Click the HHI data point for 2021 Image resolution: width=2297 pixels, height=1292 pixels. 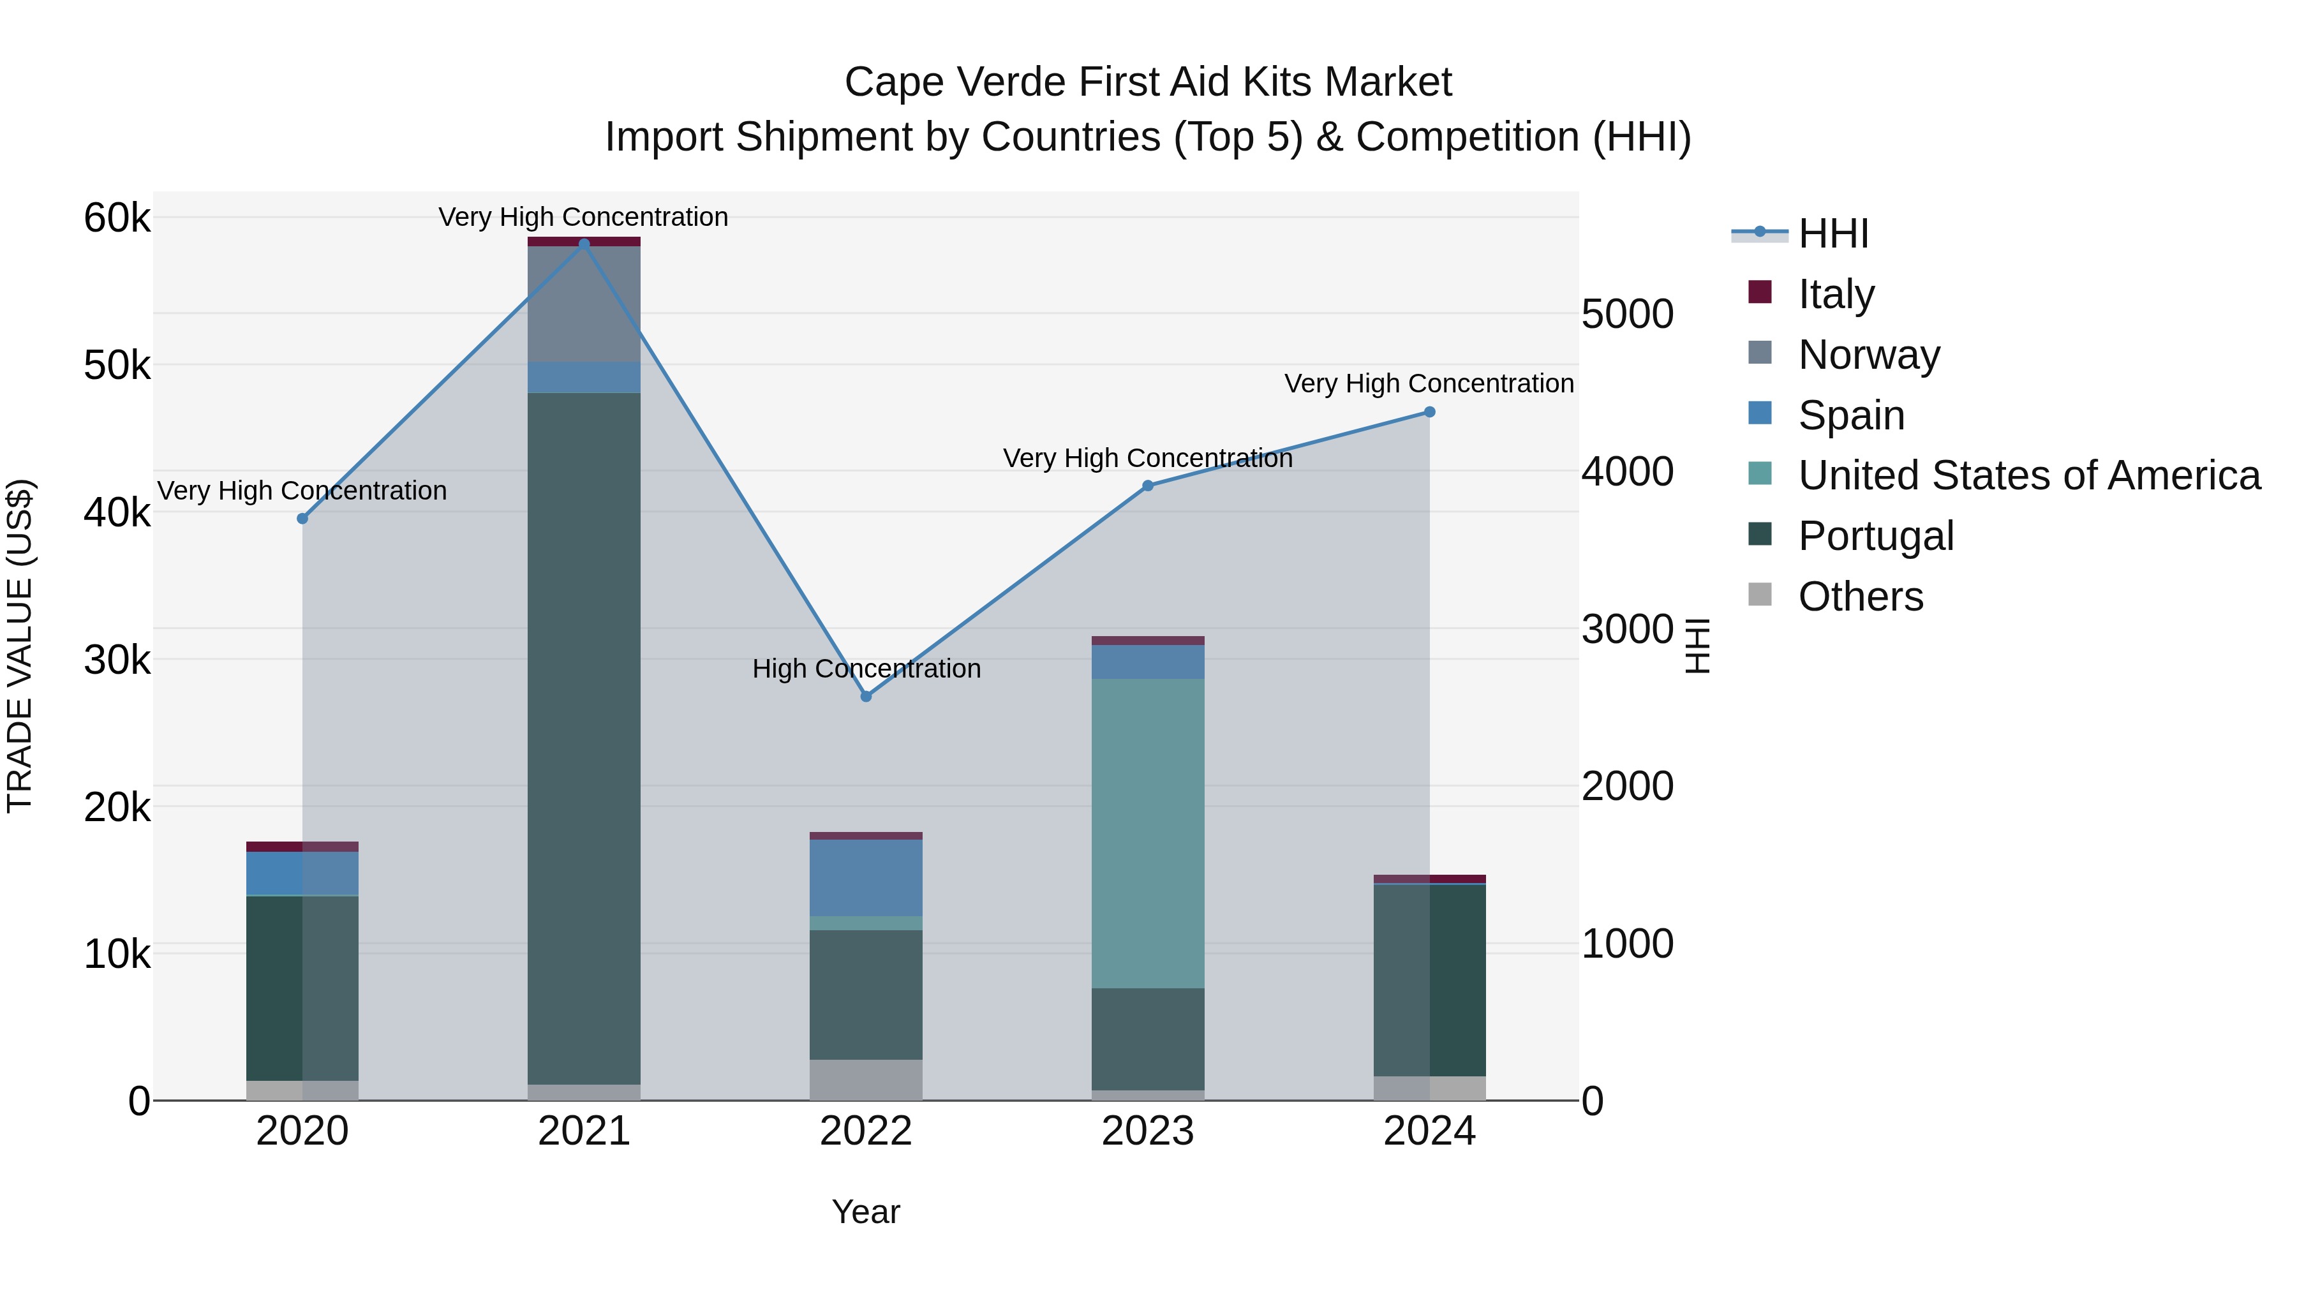[x=584, y=244]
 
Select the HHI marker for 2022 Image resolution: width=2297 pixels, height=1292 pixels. [x=866, y=696]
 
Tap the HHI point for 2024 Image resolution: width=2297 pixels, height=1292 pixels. [x=1429, y=412]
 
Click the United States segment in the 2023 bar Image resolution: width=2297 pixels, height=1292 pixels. [x=1148, y=834]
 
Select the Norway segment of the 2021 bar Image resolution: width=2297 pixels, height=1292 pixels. [x=584, y=303]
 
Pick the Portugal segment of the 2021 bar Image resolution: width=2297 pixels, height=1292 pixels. [x=584, y=738]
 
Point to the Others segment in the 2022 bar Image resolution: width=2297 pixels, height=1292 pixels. [x=866, y=1080]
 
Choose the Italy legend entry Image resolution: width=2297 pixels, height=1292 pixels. [x=1835, y=293]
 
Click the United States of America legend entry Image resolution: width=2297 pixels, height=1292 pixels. [x=2028, y=475]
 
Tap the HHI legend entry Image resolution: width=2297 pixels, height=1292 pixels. [x=1832, y=234]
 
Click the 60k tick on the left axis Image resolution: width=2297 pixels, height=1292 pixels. [x=117, y=218]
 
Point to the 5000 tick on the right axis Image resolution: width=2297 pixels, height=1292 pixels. [x=1627, y=314]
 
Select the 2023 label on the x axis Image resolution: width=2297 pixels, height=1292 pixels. [x=1148, y=1131]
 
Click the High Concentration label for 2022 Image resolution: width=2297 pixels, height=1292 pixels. [x=866, y=669]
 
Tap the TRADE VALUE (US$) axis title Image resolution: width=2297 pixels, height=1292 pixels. [x=20, y=646]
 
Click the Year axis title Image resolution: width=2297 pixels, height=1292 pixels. [x=866, y=1212]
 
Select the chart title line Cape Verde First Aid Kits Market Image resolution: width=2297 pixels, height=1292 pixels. [x=1148, y=82]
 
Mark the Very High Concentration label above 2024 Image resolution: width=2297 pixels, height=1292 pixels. [x=1429, y=383]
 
